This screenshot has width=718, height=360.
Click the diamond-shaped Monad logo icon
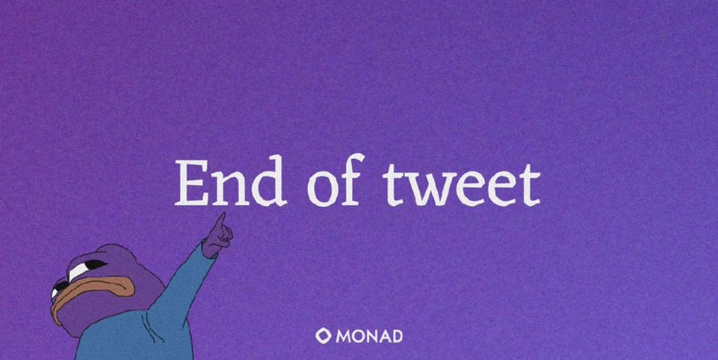[323, 335]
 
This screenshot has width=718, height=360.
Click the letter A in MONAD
[383, 335]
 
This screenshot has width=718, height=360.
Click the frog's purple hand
[217, 237]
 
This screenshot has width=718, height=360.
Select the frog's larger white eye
[86, 269]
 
